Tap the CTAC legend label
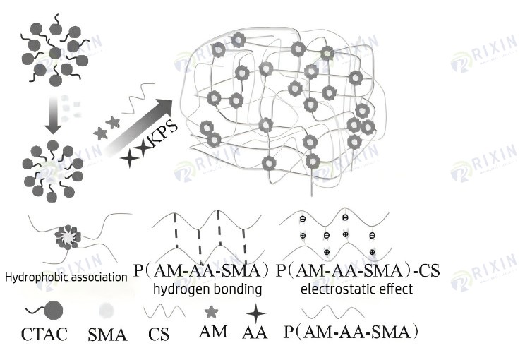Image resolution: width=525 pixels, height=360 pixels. (x=43, y=334)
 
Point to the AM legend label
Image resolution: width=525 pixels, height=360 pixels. (x=214, y=331)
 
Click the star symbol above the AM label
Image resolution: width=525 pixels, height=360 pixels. (x=210, y=311)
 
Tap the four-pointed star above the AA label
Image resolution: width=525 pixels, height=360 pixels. (x=255, y=313)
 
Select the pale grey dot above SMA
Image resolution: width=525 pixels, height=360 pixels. (x=107, y=310)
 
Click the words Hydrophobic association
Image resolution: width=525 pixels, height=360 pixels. (x=66, y=277)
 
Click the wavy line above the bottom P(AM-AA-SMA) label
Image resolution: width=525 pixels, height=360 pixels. (x=338, y=311)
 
